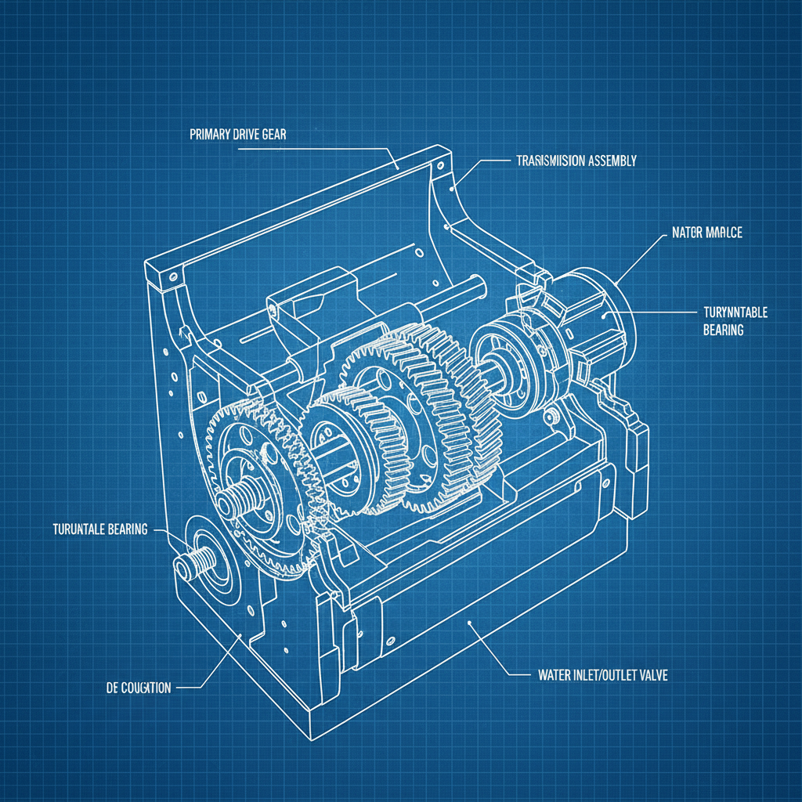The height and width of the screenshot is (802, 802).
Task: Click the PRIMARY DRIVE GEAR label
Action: pos(238,134)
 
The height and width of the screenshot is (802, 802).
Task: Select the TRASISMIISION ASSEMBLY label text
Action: pos(576,161)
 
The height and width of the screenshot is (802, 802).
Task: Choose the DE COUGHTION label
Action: pos(138,688)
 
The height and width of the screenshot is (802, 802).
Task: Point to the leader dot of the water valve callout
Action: pos(468,623)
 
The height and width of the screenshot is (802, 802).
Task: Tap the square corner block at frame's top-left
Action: pos(161,276)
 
